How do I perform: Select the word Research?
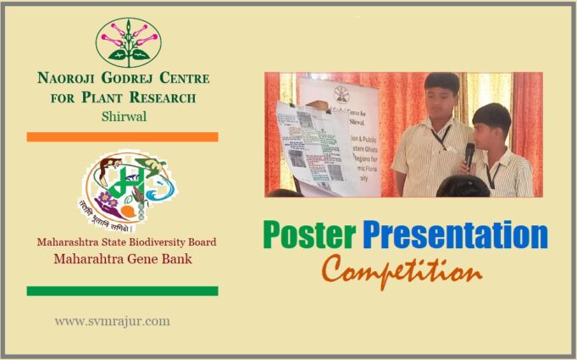pos(166,97)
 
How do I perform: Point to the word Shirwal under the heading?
pos(123,116)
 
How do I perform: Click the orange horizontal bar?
pos(122,136)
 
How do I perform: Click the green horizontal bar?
pos(122,291)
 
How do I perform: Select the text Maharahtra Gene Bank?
pos(123,258)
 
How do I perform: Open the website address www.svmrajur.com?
pos(113,321)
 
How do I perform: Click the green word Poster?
pos(305,235)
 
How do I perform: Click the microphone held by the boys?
pos(469,153)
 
